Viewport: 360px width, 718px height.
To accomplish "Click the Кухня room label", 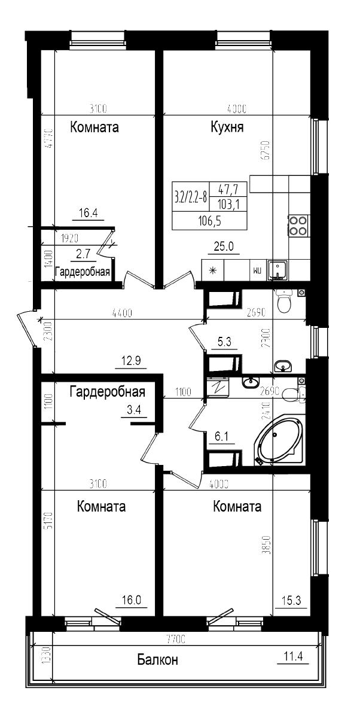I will pos(227,127).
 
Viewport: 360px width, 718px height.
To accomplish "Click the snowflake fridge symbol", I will pos(212,270).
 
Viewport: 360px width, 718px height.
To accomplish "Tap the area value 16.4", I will pos(88,212).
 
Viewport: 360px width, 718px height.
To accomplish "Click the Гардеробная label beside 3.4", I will pos(108,393).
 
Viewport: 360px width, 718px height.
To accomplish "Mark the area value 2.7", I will pos(83,254).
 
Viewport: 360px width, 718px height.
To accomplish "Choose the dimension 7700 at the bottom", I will pos(176,640).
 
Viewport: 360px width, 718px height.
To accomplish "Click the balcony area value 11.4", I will pos(293,656).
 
